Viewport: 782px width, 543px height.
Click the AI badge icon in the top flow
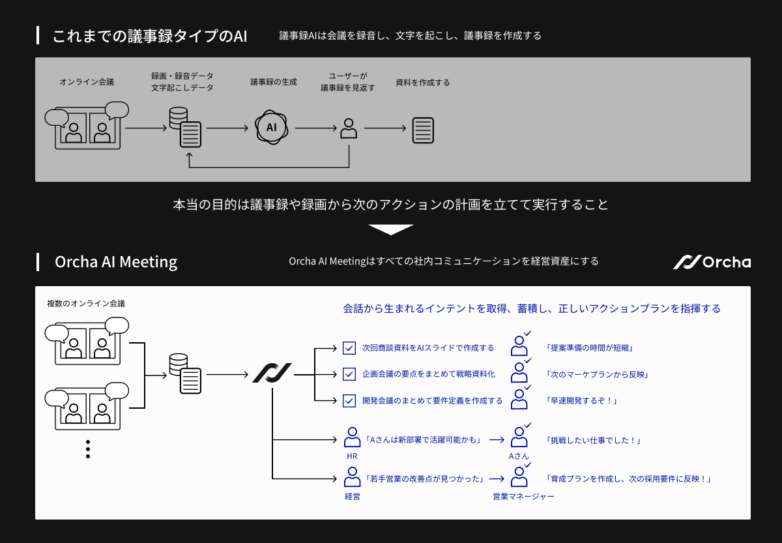(x=272, y=128)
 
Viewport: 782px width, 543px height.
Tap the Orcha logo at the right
(x=712, y=262)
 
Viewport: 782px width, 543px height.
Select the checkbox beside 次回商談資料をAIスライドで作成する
(x=349, y=348)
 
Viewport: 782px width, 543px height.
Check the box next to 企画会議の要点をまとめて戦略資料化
(x=349, y=374)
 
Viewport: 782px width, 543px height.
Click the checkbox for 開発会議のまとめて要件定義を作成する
(x=349, y=400)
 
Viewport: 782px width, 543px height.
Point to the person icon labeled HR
(x=352, y=438)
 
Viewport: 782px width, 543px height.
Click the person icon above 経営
(x=352, y=477)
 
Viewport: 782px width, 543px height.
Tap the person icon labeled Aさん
(x=519, y=438)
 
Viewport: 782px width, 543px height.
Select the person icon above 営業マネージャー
(x=519, y=477)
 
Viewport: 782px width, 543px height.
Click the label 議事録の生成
(x=274, y=82)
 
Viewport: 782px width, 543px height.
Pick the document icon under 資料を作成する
(x=423, y=130)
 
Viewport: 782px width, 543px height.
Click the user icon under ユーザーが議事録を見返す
(x=349, y=128)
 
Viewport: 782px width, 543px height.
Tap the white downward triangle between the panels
(x=391, y=229)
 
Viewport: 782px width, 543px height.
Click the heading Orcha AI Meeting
(x=116, y=262)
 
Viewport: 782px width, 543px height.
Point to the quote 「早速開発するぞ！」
(x=581, y=401)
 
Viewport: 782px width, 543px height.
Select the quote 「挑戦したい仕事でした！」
(x=593, y=441)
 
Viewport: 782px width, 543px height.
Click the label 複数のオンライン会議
(x=86, y=304)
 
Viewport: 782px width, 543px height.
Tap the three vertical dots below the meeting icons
(x=88, y=449)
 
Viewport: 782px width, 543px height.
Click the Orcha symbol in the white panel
(x=272, y=374)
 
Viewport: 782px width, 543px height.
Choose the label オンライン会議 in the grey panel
(x=87, y=82)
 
